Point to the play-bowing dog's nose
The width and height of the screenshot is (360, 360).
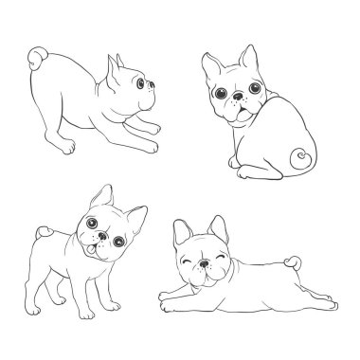click(153, 92)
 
